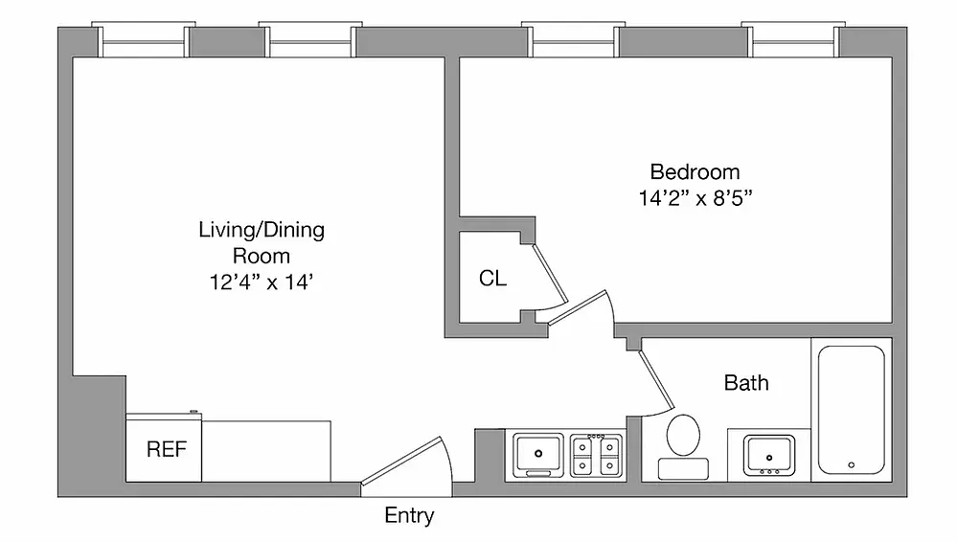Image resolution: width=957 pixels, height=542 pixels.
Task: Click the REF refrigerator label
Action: click(166, 449)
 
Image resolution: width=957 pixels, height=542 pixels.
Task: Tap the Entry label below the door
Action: click(409, 516)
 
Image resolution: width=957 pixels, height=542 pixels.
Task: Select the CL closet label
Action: click(492, 280)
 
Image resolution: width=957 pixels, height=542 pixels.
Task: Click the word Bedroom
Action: click(695, 172)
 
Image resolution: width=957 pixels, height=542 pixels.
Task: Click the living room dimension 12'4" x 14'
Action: click(262, 282)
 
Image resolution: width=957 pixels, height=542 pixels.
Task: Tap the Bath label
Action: click(745, 383)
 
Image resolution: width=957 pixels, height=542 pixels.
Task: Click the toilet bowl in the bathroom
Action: click(683, 435)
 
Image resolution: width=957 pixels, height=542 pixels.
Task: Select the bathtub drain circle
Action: click(851, 465)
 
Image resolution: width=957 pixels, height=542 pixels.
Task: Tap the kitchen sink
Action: click(538, 452)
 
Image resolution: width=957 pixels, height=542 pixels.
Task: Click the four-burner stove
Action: click(595, 454)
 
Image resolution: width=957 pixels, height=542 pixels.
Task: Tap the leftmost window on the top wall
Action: click(144, 41)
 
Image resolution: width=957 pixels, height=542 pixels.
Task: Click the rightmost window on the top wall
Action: click(791, 41)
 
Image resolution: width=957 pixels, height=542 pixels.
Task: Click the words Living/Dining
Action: click(262, 230)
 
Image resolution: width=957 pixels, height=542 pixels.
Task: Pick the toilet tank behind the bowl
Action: click(683, 468)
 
